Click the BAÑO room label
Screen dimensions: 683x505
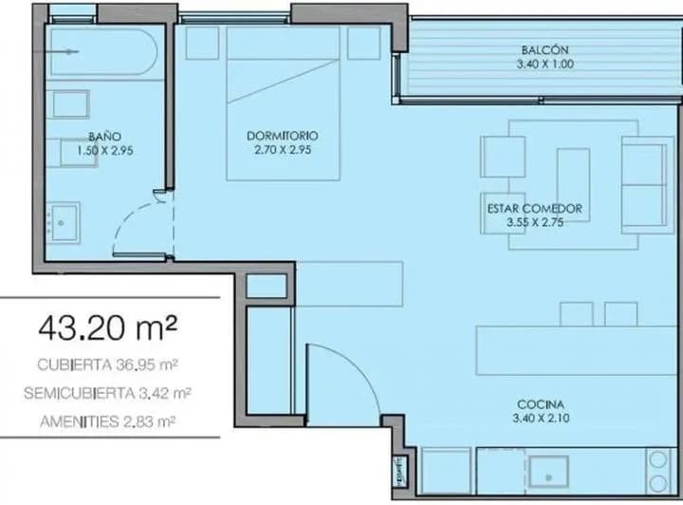(104, 137)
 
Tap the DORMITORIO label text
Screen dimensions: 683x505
(283, 136)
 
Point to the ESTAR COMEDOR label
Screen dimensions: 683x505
(535, 208)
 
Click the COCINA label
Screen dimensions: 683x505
(541, 404)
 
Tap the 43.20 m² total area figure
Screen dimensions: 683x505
(108, 328)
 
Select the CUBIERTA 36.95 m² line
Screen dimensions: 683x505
(107, 365)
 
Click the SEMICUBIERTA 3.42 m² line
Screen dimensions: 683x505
(107, 393)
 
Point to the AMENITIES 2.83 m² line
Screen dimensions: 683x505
(107, 421)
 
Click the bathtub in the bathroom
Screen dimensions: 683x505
(103, 52)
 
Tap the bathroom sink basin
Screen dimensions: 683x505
(65, 223)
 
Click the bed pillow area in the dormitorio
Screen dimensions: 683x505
(283, 43)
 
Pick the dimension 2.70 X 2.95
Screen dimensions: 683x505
(283, 150)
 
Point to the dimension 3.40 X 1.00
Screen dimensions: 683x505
(545, 64)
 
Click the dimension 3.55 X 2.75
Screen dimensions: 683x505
(535, 222)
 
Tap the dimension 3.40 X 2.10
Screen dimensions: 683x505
(541, 419)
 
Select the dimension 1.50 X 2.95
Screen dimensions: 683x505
(104, 151)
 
